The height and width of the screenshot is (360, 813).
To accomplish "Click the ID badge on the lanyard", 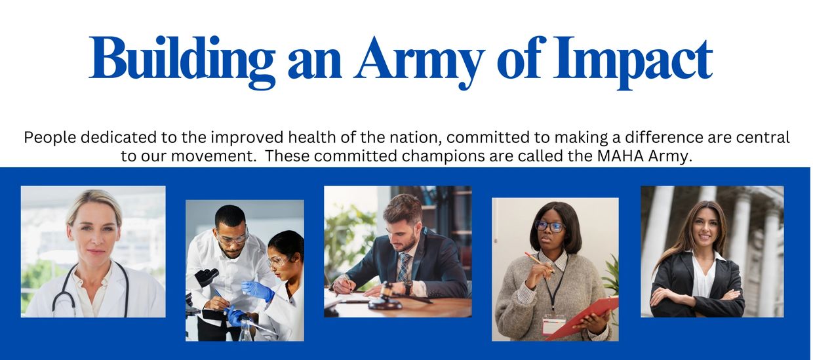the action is tap(553, 324).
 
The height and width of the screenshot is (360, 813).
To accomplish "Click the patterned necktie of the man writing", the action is tap(404, 268).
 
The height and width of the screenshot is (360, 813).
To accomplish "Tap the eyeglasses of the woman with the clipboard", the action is tap(549, 226).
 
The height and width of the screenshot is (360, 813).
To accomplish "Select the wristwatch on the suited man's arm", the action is tap(408, 287).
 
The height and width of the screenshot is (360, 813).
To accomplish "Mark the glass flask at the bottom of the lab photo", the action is tap(247, 330).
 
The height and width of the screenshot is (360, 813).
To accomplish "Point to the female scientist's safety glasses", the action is tap(279, 261).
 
